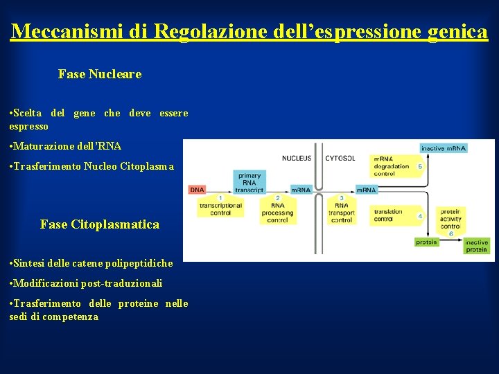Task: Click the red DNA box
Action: click(198, 189)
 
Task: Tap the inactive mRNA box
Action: click(444, 148)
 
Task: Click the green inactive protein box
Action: click(476, 245)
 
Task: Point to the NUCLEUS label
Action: click(297, 159)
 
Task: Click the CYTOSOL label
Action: click(340, 159)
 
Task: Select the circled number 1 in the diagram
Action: click(220, 198)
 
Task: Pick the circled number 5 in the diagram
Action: click(420, 166)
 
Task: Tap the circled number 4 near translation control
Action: click(420, 216)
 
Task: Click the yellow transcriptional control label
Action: click(220, 209)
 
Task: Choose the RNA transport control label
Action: click(341, 213)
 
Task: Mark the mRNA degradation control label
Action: click(392, 166)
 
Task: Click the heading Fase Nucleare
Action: click(100, 74)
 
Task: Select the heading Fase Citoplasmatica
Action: click(100, 224)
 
